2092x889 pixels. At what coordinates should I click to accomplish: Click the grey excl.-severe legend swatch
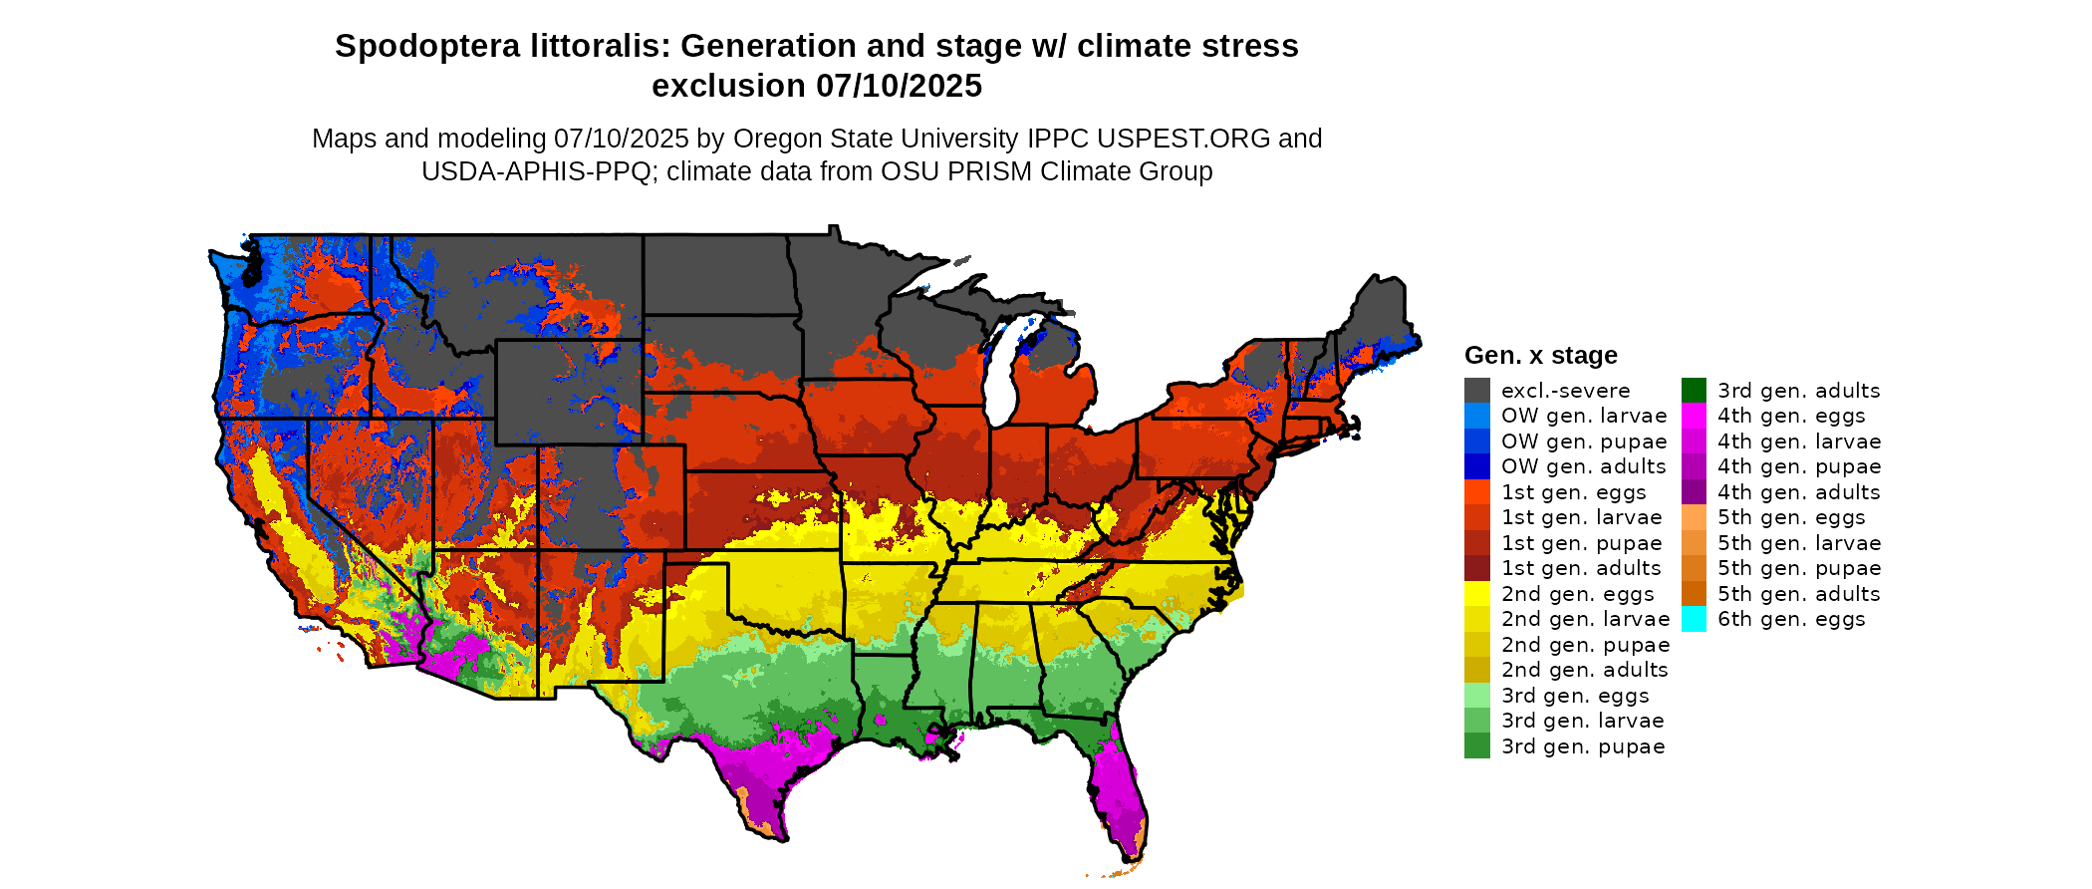pos(1476,391)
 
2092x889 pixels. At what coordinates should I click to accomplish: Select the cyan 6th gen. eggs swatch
pos(1694,619)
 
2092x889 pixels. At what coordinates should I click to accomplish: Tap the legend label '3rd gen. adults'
pos(1798,391)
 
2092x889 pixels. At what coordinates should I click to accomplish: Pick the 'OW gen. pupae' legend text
pos(1584,442)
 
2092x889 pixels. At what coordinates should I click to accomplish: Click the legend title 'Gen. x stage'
pos(1540,356)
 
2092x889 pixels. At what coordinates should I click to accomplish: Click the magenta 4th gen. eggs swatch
pos(1694,416)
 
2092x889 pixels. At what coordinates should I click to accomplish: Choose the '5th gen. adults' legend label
pos(1798,594)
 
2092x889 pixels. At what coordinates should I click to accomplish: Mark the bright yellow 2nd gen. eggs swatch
pos(1476,594)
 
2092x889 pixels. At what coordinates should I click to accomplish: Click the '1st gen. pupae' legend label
pos(1581,543)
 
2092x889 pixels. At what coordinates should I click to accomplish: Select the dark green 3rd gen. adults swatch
pos(1694,391)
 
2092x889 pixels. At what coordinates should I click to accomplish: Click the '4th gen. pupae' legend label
pos(1798,466)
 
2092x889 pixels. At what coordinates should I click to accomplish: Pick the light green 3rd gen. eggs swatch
pos(1476,696)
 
